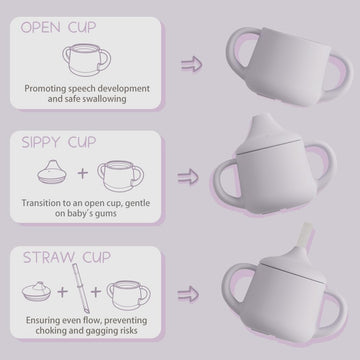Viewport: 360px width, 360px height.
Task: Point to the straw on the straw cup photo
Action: [303, 246]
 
